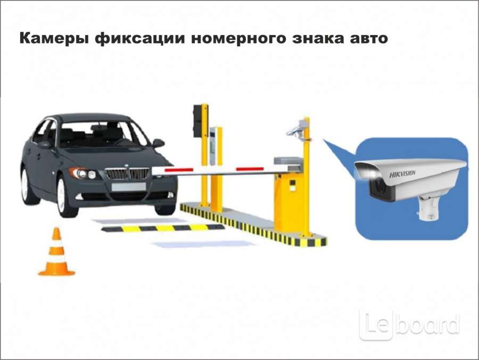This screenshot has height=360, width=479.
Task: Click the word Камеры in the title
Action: coord(54,39)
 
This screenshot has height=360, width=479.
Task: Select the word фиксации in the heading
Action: coord(140,39)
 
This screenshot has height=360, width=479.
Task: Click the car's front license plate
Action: coord(129,187)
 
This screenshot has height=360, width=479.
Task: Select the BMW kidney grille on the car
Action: coord(127,173)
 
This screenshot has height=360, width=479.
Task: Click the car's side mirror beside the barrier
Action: coord(158,143)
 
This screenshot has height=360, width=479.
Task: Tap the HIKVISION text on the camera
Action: coord(402,174)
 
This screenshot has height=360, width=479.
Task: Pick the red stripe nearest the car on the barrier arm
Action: coord(179,170)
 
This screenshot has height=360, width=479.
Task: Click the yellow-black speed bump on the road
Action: coord(163,228)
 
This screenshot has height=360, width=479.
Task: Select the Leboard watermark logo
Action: coord(409,325)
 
